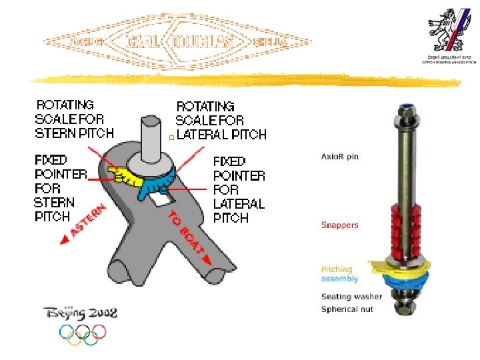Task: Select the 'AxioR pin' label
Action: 340,156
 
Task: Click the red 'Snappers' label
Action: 339,225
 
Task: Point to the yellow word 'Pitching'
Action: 337,270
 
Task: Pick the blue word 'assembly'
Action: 339,279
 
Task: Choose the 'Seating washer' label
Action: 351,297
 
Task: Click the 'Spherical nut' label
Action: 347,309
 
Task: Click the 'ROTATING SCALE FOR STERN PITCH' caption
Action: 74,119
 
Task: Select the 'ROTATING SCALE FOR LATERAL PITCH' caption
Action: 220,121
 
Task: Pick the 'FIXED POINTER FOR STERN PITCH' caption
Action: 60,188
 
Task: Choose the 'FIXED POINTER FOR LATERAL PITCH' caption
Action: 239,189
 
